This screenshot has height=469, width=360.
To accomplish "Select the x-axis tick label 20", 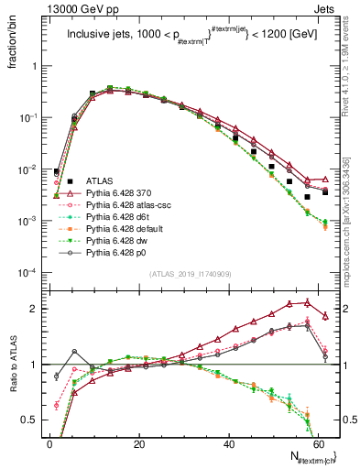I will pos(138,442).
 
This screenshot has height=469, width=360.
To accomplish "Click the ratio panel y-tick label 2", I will pos(36,310).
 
